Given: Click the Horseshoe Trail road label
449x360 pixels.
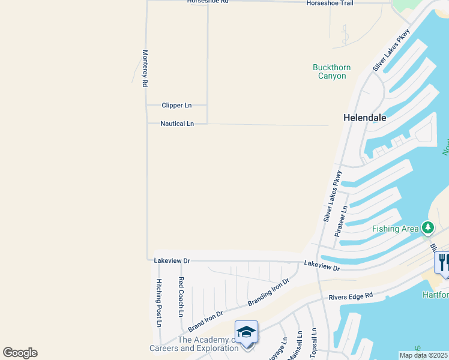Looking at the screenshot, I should coord(330,3).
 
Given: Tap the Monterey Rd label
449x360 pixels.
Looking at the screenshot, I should coord(145,69).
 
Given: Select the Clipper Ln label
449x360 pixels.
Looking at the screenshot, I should coord(176,106).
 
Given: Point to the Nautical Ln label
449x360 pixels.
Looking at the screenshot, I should coord(177,124).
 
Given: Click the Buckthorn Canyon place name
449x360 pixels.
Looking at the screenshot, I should coord(332,71).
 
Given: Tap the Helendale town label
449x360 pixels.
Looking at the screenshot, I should coord(364,118).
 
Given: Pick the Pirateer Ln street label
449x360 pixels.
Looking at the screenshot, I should coord(340,221).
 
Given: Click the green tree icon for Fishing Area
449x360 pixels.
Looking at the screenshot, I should coord(427,227).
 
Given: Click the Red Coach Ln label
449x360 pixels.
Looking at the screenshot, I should coord(181,297).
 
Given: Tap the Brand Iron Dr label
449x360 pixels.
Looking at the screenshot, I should coord(206,321).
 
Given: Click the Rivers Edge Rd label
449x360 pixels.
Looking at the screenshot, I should coord(351,296).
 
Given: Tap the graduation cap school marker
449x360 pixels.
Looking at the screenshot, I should coord(246,333).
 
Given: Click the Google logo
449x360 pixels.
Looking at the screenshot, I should coord(20,353).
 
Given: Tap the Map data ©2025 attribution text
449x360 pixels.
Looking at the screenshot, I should coord(423,355).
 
